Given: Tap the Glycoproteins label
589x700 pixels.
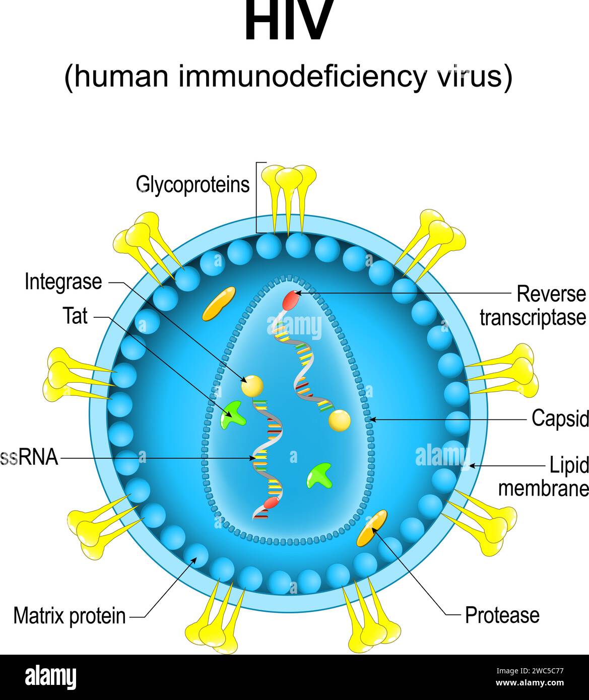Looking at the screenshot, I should point(192,185).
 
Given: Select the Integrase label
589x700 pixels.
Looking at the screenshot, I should point(63,282).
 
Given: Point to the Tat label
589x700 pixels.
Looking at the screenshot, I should point(75,316).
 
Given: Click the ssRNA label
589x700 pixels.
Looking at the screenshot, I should point(29,458).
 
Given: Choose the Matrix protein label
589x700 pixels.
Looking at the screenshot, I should point(70,615).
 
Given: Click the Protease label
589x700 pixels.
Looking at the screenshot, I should point(502,615).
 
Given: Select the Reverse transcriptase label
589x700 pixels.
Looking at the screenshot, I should point(534,306).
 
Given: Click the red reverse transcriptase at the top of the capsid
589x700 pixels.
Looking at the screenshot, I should point(289,300).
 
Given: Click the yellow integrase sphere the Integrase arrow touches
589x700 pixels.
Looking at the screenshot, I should point(252,386).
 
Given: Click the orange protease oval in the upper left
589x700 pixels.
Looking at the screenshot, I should point(219,304).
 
